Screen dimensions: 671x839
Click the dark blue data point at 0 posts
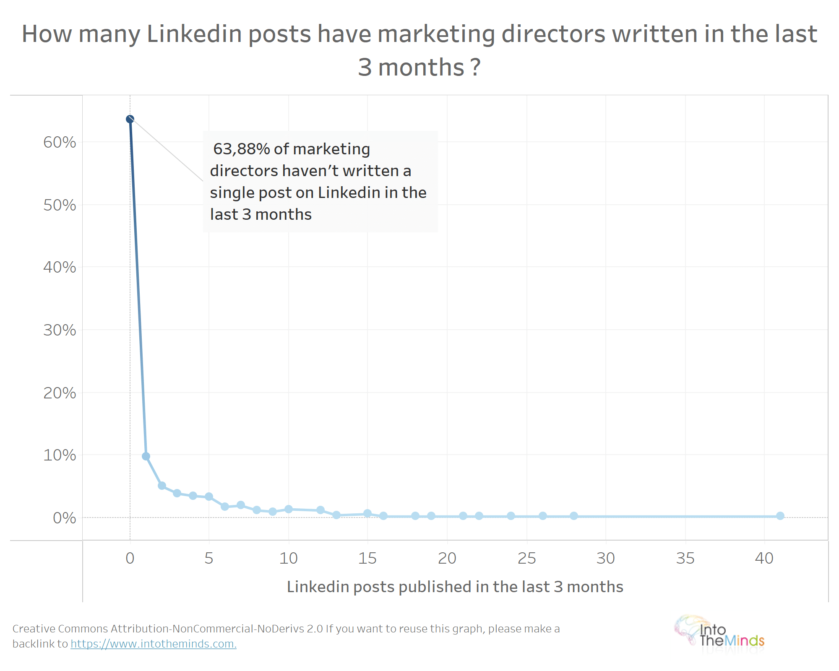130,120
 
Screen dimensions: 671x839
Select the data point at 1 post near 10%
146,456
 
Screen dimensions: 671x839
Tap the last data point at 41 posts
780,516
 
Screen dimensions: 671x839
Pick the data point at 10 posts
289,509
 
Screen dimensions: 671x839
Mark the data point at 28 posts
574,516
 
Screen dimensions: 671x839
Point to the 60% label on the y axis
60,143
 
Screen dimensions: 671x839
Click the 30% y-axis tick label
60,330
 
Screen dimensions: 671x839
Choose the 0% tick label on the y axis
64,518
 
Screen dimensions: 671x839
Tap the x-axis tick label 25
527,559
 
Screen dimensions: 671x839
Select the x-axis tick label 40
764,559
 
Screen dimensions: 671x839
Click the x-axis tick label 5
209,559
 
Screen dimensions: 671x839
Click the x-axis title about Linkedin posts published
455,587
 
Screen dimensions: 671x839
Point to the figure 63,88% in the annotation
242,149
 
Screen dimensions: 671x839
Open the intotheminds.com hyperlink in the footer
154,644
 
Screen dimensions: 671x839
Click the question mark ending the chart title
475,68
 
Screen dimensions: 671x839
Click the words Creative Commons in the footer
60,629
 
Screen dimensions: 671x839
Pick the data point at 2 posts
162,486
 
